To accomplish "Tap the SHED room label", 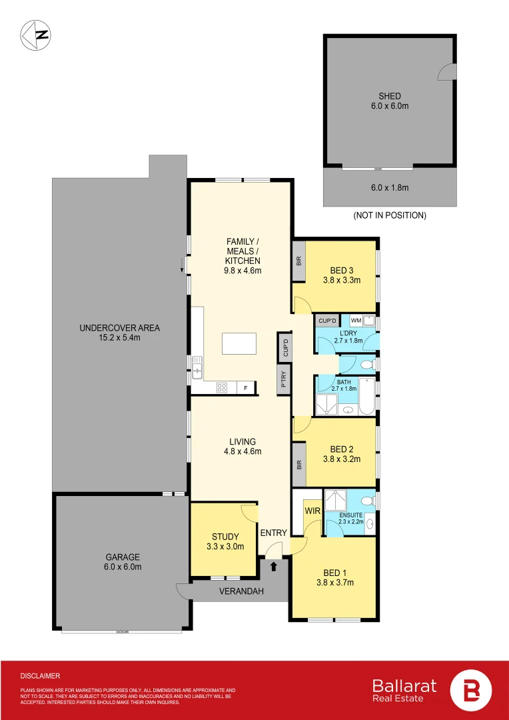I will click(390, 96).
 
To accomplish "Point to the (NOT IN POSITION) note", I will click(390, 215).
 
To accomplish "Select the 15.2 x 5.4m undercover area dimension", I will click(119, 338).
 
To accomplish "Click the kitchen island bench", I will click(239, 343).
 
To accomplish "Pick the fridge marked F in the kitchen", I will click(246, 387).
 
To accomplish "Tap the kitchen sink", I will click(197, 367).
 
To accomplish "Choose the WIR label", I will click(312, 511).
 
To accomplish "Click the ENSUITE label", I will click(350, 515).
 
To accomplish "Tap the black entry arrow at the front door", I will click(273, 567).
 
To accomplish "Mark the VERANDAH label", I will click(242, 591).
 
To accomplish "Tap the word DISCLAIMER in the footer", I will click(41, 675).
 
